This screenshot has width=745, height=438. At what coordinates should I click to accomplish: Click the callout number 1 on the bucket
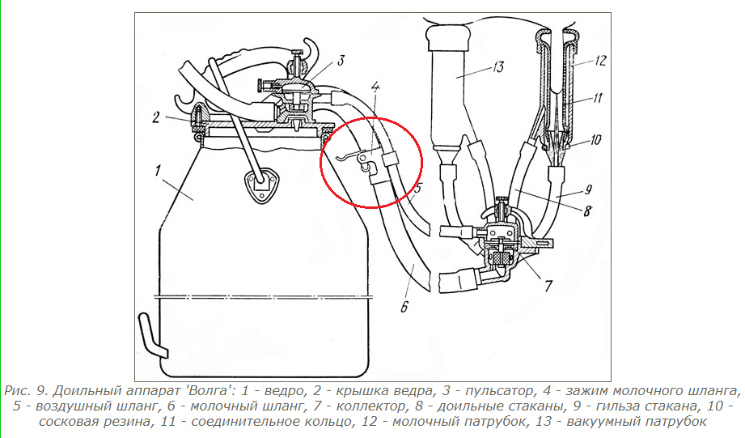click(158, 170)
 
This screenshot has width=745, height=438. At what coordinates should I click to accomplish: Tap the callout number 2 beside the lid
click(156, 117)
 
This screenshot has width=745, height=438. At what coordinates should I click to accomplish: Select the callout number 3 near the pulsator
click(341, 61)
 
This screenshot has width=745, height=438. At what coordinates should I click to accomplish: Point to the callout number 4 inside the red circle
click(375, 87)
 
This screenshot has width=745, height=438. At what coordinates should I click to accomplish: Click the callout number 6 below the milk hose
click(404, 307)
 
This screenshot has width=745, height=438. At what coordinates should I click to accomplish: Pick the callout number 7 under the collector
click(548, 286)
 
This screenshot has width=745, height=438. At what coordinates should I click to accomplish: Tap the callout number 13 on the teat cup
click(498, 67)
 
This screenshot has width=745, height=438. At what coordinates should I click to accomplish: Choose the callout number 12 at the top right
click(600, 61)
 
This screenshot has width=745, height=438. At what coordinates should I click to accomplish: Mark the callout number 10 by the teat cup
click(596, 140)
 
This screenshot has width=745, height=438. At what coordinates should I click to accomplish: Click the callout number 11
click(597, 98)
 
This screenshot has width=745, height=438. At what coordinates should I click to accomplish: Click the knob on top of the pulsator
click(298, 51)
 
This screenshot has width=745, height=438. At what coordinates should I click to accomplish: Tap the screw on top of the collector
click(502, 200)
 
